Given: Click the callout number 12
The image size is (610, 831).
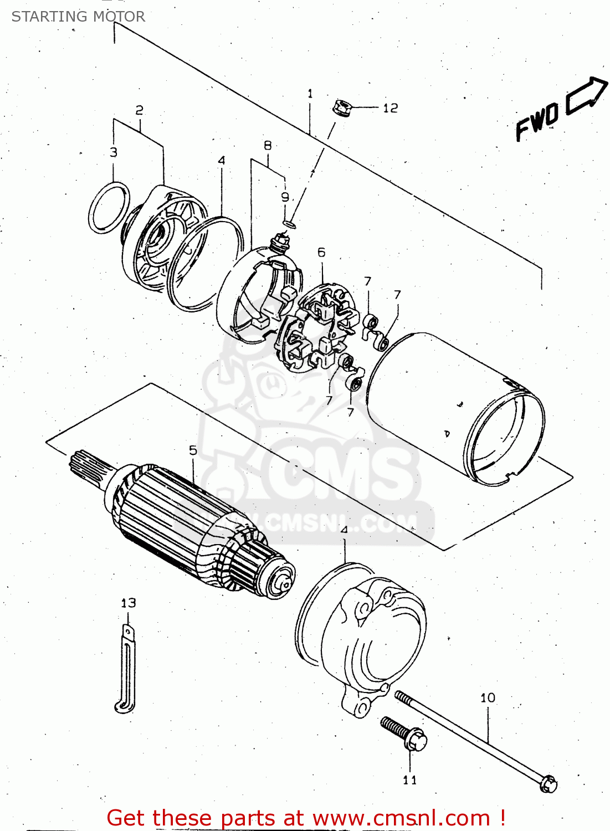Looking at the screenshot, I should (x=390, y=108).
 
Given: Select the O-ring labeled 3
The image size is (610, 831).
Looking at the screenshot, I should (x=109, y=208).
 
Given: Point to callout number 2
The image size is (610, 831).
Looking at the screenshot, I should (x=139, y=110).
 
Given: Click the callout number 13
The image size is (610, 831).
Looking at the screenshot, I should (x=128, y=603).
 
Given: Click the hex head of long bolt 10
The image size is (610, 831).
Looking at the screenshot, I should (x=549, y=784).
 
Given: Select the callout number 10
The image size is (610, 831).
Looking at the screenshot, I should (x=488, y=698).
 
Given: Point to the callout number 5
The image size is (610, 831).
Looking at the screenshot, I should (x=193, y=450).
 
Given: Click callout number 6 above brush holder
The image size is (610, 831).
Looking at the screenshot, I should (x=321, y=253).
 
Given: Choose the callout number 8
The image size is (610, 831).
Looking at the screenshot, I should (x=268, y=146).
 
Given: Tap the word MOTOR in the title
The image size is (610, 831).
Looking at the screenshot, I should (x=118, y=17).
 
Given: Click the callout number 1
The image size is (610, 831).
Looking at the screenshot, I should (x=310, y=94).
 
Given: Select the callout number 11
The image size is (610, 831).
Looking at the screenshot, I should (x=409, y=780).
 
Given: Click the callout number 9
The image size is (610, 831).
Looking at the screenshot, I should (x=285, y=197).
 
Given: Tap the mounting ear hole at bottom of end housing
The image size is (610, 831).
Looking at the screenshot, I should (x=361, y=709).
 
